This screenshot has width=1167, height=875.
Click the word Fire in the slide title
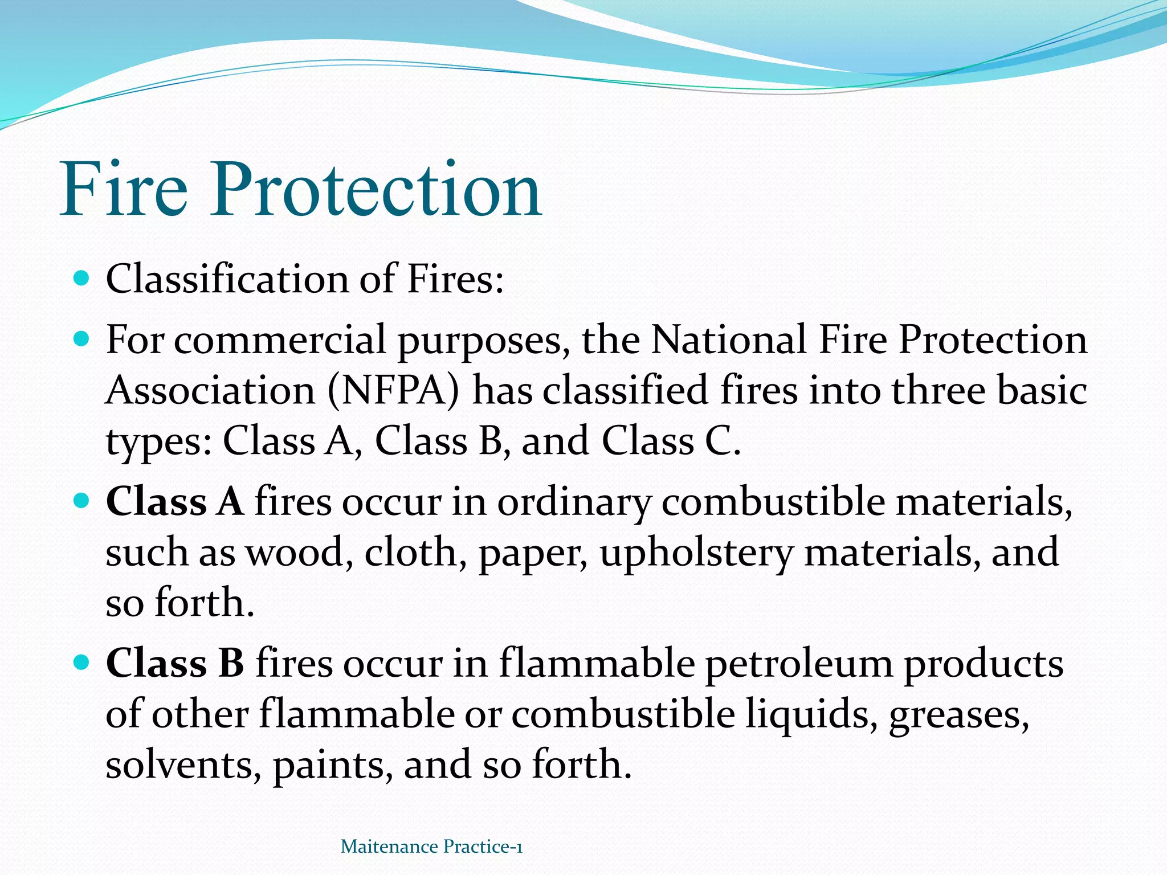(x=124, y=189)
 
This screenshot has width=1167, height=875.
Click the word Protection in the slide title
(x=376, y=189)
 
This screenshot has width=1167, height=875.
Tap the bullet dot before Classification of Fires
(x=82, y=279)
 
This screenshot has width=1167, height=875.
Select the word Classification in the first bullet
(x=227, y=279)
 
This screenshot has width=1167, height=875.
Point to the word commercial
(x=280, y=340)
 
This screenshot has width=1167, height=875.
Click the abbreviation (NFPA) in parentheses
(x=393, y=391)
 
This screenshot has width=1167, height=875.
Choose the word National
(x=729, y=340)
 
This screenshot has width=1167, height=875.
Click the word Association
(x=211, y=391)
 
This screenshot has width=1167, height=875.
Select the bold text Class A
(x=175, y=502)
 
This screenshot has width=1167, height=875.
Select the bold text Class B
(x=176, y=664)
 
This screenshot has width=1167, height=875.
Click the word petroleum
(x=799, y=664)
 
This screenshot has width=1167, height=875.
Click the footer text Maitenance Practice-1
(x=431, y=847)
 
